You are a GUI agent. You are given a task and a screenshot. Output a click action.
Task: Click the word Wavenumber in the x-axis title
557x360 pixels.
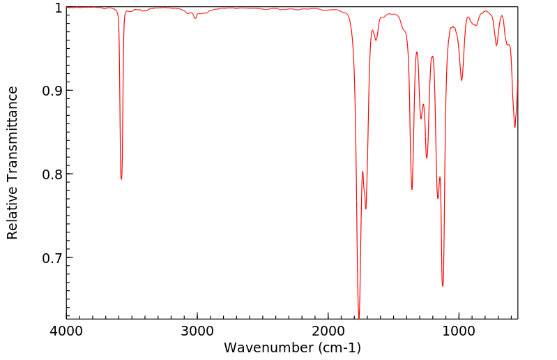click(x=263, y=347)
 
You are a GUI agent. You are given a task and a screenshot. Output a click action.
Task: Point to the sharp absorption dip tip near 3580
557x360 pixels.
click(x=121, y=179)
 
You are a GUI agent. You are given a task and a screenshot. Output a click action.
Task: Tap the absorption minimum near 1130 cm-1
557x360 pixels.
click(x=443, y=286)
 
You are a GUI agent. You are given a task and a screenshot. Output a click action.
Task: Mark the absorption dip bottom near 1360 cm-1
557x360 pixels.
click(x=412, y=189)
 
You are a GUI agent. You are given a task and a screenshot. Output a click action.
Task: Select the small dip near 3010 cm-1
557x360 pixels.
click(x=195, y=18)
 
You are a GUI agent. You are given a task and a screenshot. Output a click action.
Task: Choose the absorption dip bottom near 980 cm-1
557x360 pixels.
click(x=461, y=80)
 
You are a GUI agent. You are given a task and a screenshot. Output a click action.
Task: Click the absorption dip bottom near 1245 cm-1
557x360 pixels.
click(x=427, y=158)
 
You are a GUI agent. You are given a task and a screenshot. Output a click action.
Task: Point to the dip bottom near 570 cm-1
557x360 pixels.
click(x=515, y=127)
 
